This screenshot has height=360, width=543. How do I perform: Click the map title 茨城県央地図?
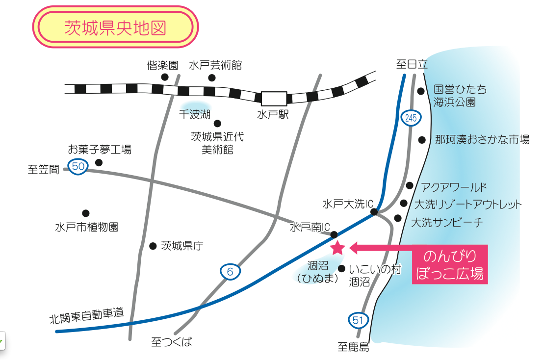pos(115,27)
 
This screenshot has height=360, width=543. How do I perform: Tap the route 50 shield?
pos(78,166)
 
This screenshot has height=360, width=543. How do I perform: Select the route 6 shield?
pos(230,272)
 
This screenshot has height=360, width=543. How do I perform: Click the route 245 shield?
pos(411,118)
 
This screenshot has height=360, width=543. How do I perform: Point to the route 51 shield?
pos(358,320)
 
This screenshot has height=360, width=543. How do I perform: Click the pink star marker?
pos(337,248)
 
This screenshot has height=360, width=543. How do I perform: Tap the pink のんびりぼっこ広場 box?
pos(450,264)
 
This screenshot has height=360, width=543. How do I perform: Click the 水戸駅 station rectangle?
pos(274,99)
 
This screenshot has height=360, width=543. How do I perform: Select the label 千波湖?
pos(195,114)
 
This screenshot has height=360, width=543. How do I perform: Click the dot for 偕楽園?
pos(165,77)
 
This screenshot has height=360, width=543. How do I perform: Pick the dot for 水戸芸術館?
pos(212,77)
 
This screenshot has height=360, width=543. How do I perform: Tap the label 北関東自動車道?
pos(86,315)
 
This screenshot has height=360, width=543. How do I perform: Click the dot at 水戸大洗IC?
pos(374,212)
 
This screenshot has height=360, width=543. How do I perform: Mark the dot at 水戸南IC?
pos(334,235)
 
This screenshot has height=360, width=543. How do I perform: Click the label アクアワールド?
pos(454,187)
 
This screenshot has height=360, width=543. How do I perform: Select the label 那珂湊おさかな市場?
pos(482,139)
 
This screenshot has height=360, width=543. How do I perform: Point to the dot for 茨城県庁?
pos(153,246)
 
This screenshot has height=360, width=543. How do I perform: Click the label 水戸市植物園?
pos(87,227)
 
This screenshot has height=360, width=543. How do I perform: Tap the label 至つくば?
pos(172,342)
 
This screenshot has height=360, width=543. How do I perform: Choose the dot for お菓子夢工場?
pos(99,162)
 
